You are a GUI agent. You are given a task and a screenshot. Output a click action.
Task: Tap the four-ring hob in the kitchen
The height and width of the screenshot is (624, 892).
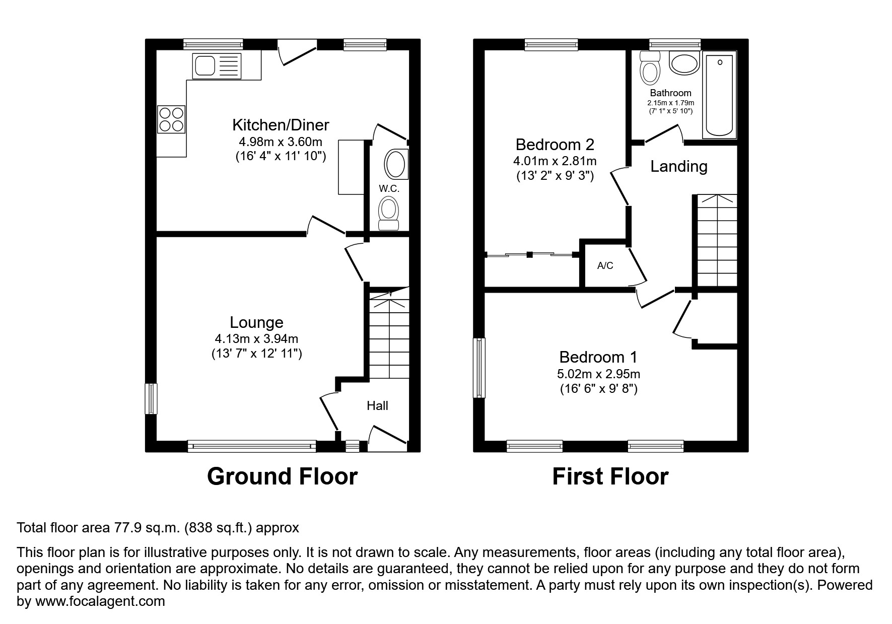click(x=171, y=119)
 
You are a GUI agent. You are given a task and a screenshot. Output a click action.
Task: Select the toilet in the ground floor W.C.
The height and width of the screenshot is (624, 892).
click(x=388, y=213)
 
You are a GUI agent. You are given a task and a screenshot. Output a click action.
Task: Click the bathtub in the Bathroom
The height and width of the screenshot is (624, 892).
click(x=719, y=95)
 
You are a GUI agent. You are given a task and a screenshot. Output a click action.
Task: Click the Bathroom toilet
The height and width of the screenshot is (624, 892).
click(x=649, y=69)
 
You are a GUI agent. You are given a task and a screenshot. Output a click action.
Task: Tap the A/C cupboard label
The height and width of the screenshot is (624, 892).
click(x=605, y=265)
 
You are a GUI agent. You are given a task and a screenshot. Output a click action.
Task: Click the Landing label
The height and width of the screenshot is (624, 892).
click(x=678, y=166)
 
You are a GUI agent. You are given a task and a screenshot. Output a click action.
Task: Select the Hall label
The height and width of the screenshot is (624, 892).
click(x=377, y=406)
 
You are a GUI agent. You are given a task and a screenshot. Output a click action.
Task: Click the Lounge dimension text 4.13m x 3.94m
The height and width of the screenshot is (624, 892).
click(x=256, y=339)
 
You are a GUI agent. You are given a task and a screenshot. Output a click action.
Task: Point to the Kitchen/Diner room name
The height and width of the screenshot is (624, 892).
click(x=281, y=124)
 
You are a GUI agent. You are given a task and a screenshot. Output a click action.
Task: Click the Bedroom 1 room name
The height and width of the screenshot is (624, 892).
click(x=598, y=357)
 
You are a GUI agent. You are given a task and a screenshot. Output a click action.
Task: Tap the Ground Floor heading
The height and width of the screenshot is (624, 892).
click(x=282, y=476)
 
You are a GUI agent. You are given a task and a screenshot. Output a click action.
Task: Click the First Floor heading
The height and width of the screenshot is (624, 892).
click(x=610, y=476)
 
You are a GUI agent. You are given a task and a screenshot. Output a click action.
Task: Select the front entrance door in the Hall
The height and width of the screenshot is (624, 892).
click(x=387, y=436)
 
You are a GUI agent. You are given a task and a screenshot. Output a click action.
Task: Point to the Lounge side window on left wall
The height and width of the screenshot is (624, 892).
click(x=151, y=399)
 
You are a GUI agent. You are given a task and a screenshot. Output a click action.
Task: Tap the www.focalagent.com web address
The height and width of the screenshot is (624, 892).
click(x=100, y=601)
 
